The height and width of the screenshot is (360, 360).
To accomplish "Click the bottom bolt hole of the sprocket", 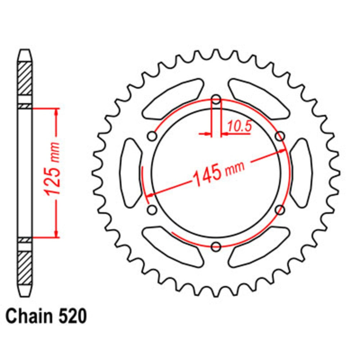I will tap(216, 247).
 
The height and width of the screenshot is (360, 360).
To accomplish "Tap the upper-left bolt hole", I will tap(152, 136).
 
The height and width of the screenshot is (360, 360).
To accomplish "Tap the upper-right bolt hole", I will tap(280, 136).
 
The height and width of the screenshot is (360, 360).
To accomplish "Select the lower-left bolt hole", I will tap(152, 210).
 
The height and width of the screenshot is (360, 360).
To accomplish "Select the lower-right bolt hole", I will tap(280, 210).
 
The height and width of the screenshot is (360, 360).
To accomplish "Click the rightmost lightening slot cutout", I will tap(301, 173).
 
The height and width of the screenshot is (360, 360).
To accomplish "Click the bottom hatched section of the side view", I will tap(25, 267).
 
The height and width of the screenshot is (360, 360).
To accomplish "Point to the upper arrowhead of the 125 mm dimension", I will tap(56, 112).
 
